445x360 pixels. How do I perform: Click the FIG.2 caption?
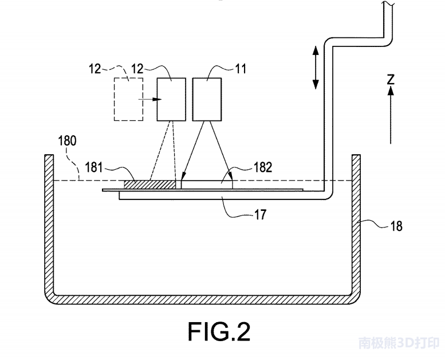point(219,331)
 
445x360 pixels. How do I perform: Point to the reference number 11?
point(241,69)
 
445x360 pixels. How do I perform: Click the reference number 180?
point(67,141)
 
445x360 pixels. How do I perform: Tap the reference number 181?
point(94,167)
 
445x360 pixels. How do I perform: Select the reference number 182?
point(263,167)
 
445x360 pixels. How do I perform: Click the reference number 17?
point(261,215)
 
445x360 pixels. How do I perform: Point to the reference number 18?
point(396,226)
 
